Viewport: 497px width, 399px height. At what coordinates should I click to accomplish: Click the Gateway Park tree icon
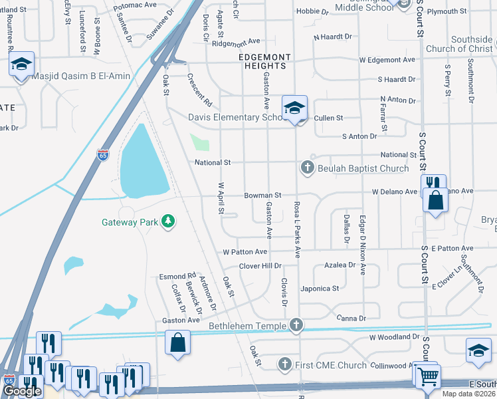[169, 221]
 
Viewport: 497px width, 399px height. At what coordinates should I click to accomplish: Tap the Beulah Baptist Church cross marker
[308, 168]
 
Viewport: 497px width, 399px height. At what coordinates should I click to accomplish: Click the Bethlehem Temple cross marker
[297, 325]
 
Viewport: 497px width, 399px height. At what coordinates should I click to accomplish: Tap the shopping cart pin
[427, 375]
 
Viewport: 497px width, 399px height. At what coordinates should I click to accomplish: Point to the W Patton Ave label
[245, 252]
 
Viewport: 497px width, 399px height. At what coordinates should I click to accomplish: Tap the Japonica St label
[320, 289]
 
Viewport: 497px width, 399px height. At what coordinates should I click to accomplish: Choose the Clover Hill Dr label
[260, 265]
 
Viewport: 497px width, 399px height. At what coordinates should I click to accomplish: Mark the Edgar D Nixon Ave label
[363, 244]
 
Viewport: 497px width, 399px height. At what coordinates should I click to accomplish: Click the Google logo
[23, 390]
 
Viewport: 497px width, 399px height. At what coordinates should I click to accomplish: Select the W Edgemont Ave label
[387, 60]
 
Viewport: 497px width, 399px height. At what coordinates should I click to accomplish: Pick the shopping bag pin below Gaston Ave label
[179, 343]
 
